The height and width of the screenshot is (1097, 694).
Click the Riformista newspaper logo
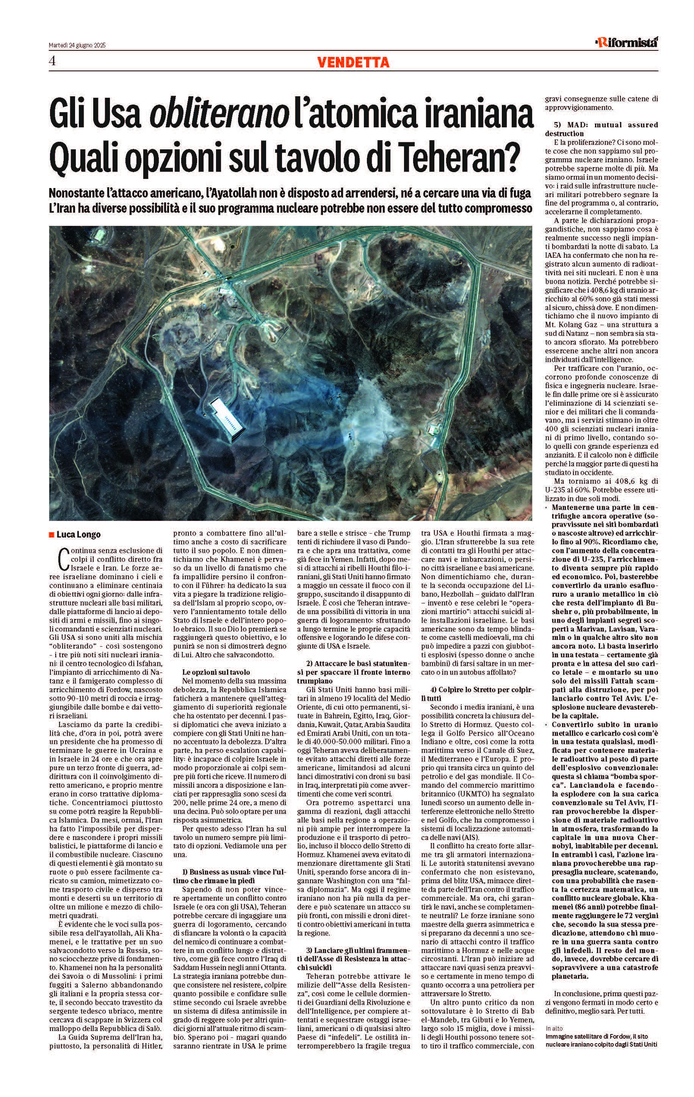point(628,43)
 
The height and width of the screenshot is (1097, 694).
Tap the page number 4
point(52,61)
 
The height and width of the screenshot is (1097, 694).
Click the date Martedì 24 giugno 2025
point(77,45)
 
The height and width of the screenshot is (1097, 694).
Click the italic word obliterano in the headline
point(219,116)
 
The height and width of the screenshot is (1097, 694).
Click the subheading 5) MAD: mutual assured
point(601,129)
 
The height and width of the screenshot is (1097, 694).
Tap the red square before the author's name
point(52,534)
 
